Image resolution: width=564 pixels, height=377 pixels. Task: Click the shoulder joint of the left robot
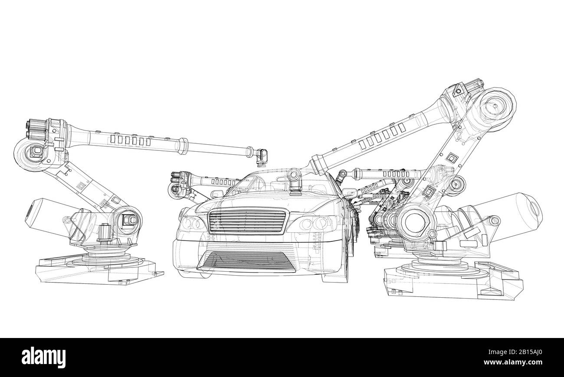(x=128, y=220)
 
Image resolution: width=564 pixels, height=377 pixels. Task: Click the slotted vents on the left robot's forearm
(x=130, y=140)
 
